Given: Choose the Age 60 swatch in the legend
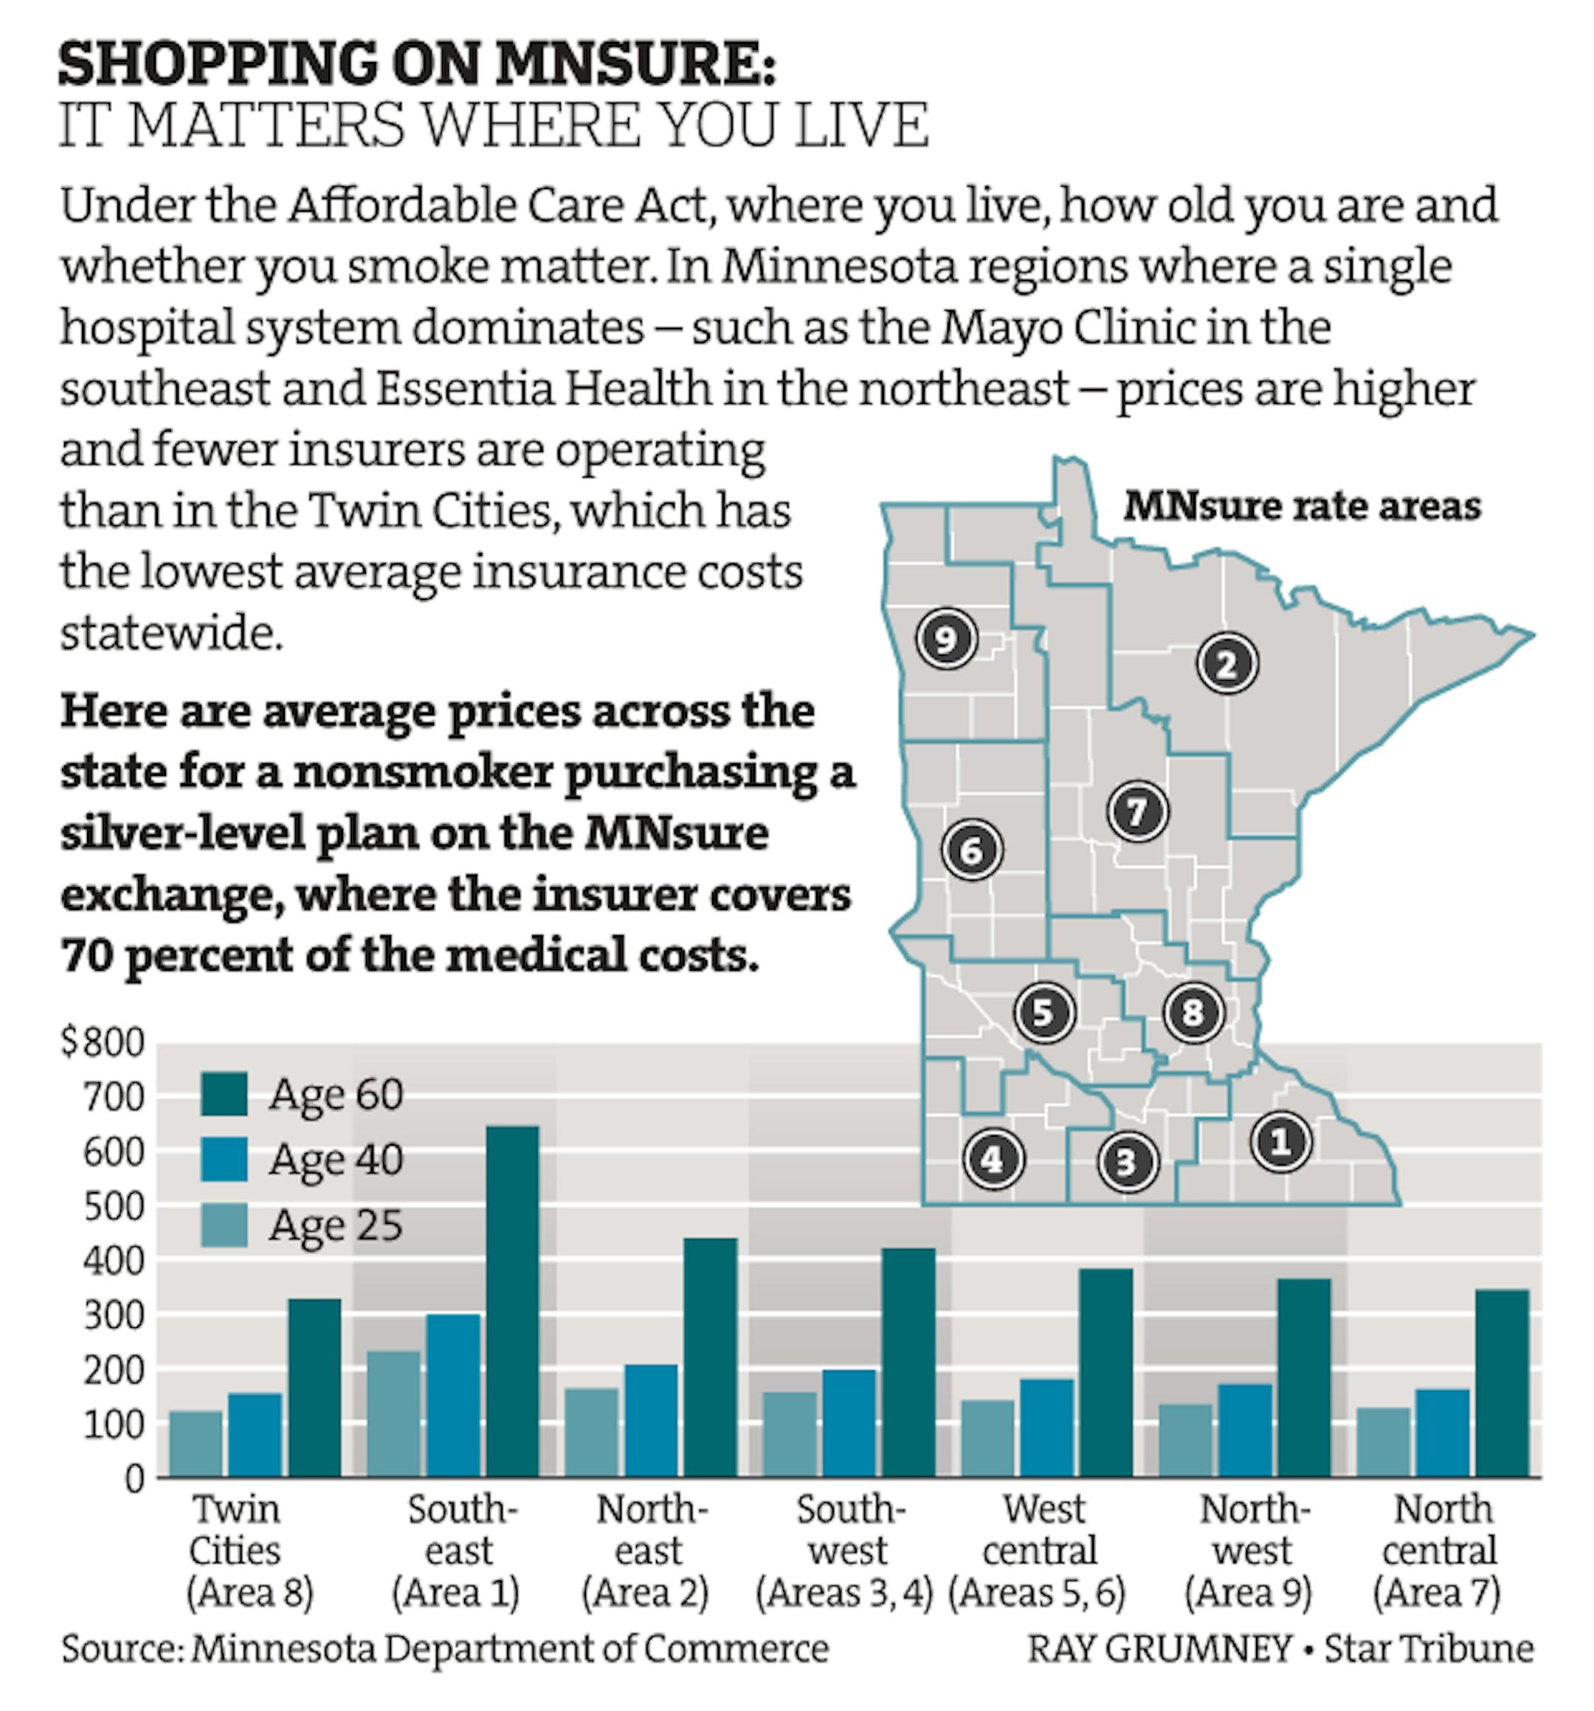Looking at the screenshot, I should [224, 1095].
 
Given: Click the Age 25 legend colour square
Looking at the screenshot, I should [224, 1225].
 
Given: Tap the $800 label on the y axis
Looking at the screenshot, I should [103, 1043].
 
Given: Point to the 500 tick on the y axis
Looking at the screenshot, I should [113, 1208].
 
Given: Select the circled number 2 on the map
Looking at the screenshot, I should [1226, 664].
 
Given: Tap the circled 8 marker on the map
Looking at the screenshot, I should [1193, 1012].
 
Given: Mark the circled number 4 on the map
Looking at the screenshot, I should [993, 1160].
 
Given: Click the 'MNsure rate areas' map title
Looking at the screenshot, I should [1301, 506].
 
